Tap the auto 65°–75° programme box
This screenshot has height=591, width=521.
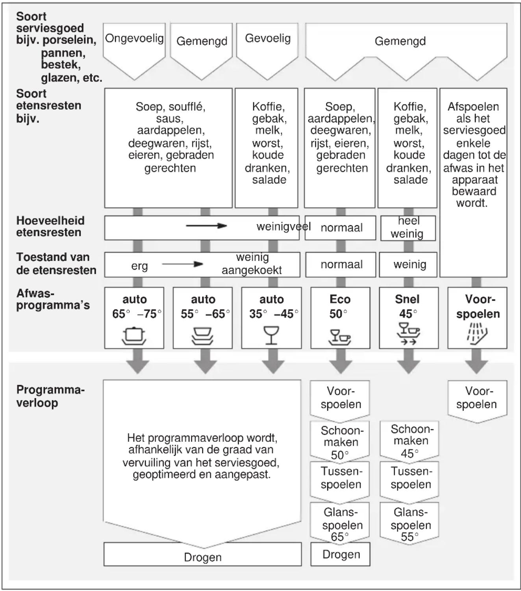coord(134,318)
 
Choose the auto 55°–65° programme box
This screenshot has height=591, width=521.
coord(203,318)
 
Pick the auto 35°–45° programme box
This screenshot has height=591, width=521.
coord(271,318)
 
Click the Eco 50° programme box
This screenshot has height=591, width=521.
coord(340,318)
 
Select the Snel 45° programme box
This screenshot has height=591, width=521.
coord(409,318)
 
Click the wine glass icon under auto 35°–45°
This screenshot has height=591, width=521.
coord(271,335)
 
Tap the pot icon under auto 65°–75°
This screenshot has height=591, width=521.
coord(134,336)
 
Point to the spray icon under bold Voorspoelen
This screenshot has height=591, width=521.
coord(477,334)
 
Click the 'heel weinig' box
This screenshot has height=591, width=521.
coord(408,228)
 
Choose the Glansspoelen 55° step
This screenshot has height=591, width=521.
coord(409,524)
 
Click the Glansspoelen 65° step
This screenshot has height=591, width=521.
coord(340,524)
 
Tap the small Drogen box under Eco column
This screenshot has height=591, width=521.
coord(340,554)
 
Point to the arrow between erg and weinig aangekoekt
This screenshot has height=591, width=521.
coord(183,264)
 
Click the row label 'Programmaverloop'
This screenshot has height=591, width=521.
coord(50,396)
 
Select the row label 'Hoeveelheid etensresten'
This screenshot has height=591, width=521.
coord(50,226)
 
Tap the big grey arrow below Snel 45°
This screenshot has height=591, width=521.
coord(409,361)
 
